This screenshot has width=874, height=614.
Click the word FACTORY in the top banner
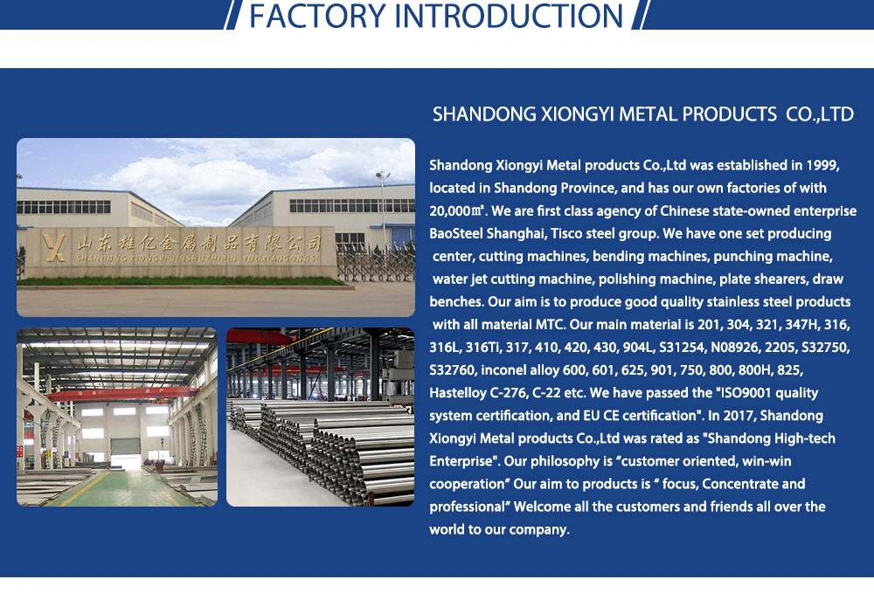click(317, 16)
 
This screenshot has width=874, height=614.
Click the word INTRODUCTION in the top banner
click(509, 16)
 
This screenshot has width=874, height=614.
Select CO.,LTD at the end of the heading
click(820, 114)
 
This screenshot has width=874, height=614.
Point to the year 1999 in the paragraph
click(822, 165)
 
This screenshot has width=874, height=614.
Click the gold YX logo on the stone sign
click(54, 247)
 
